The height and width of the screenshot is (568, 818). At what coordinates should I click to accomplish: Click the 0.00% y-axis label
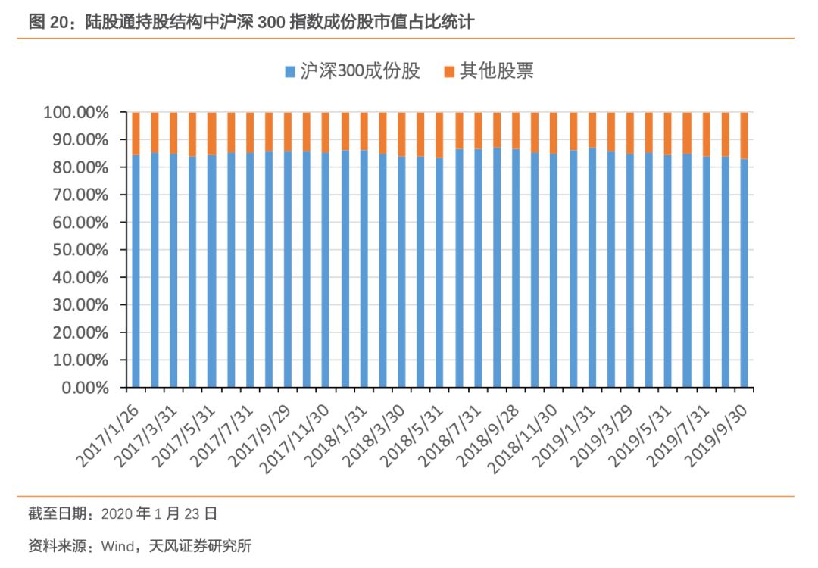tap(85, 388)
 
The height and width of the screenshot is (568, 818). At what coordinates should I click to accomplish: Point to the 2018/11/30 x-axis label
tap(525, 433)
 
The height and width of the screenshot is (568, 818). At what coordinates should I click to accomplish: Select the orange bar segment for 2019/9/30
tap(745, 136)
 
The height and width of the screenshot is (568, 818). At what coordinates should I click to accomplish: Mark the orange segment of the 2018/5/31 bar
tap(439, 135)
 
